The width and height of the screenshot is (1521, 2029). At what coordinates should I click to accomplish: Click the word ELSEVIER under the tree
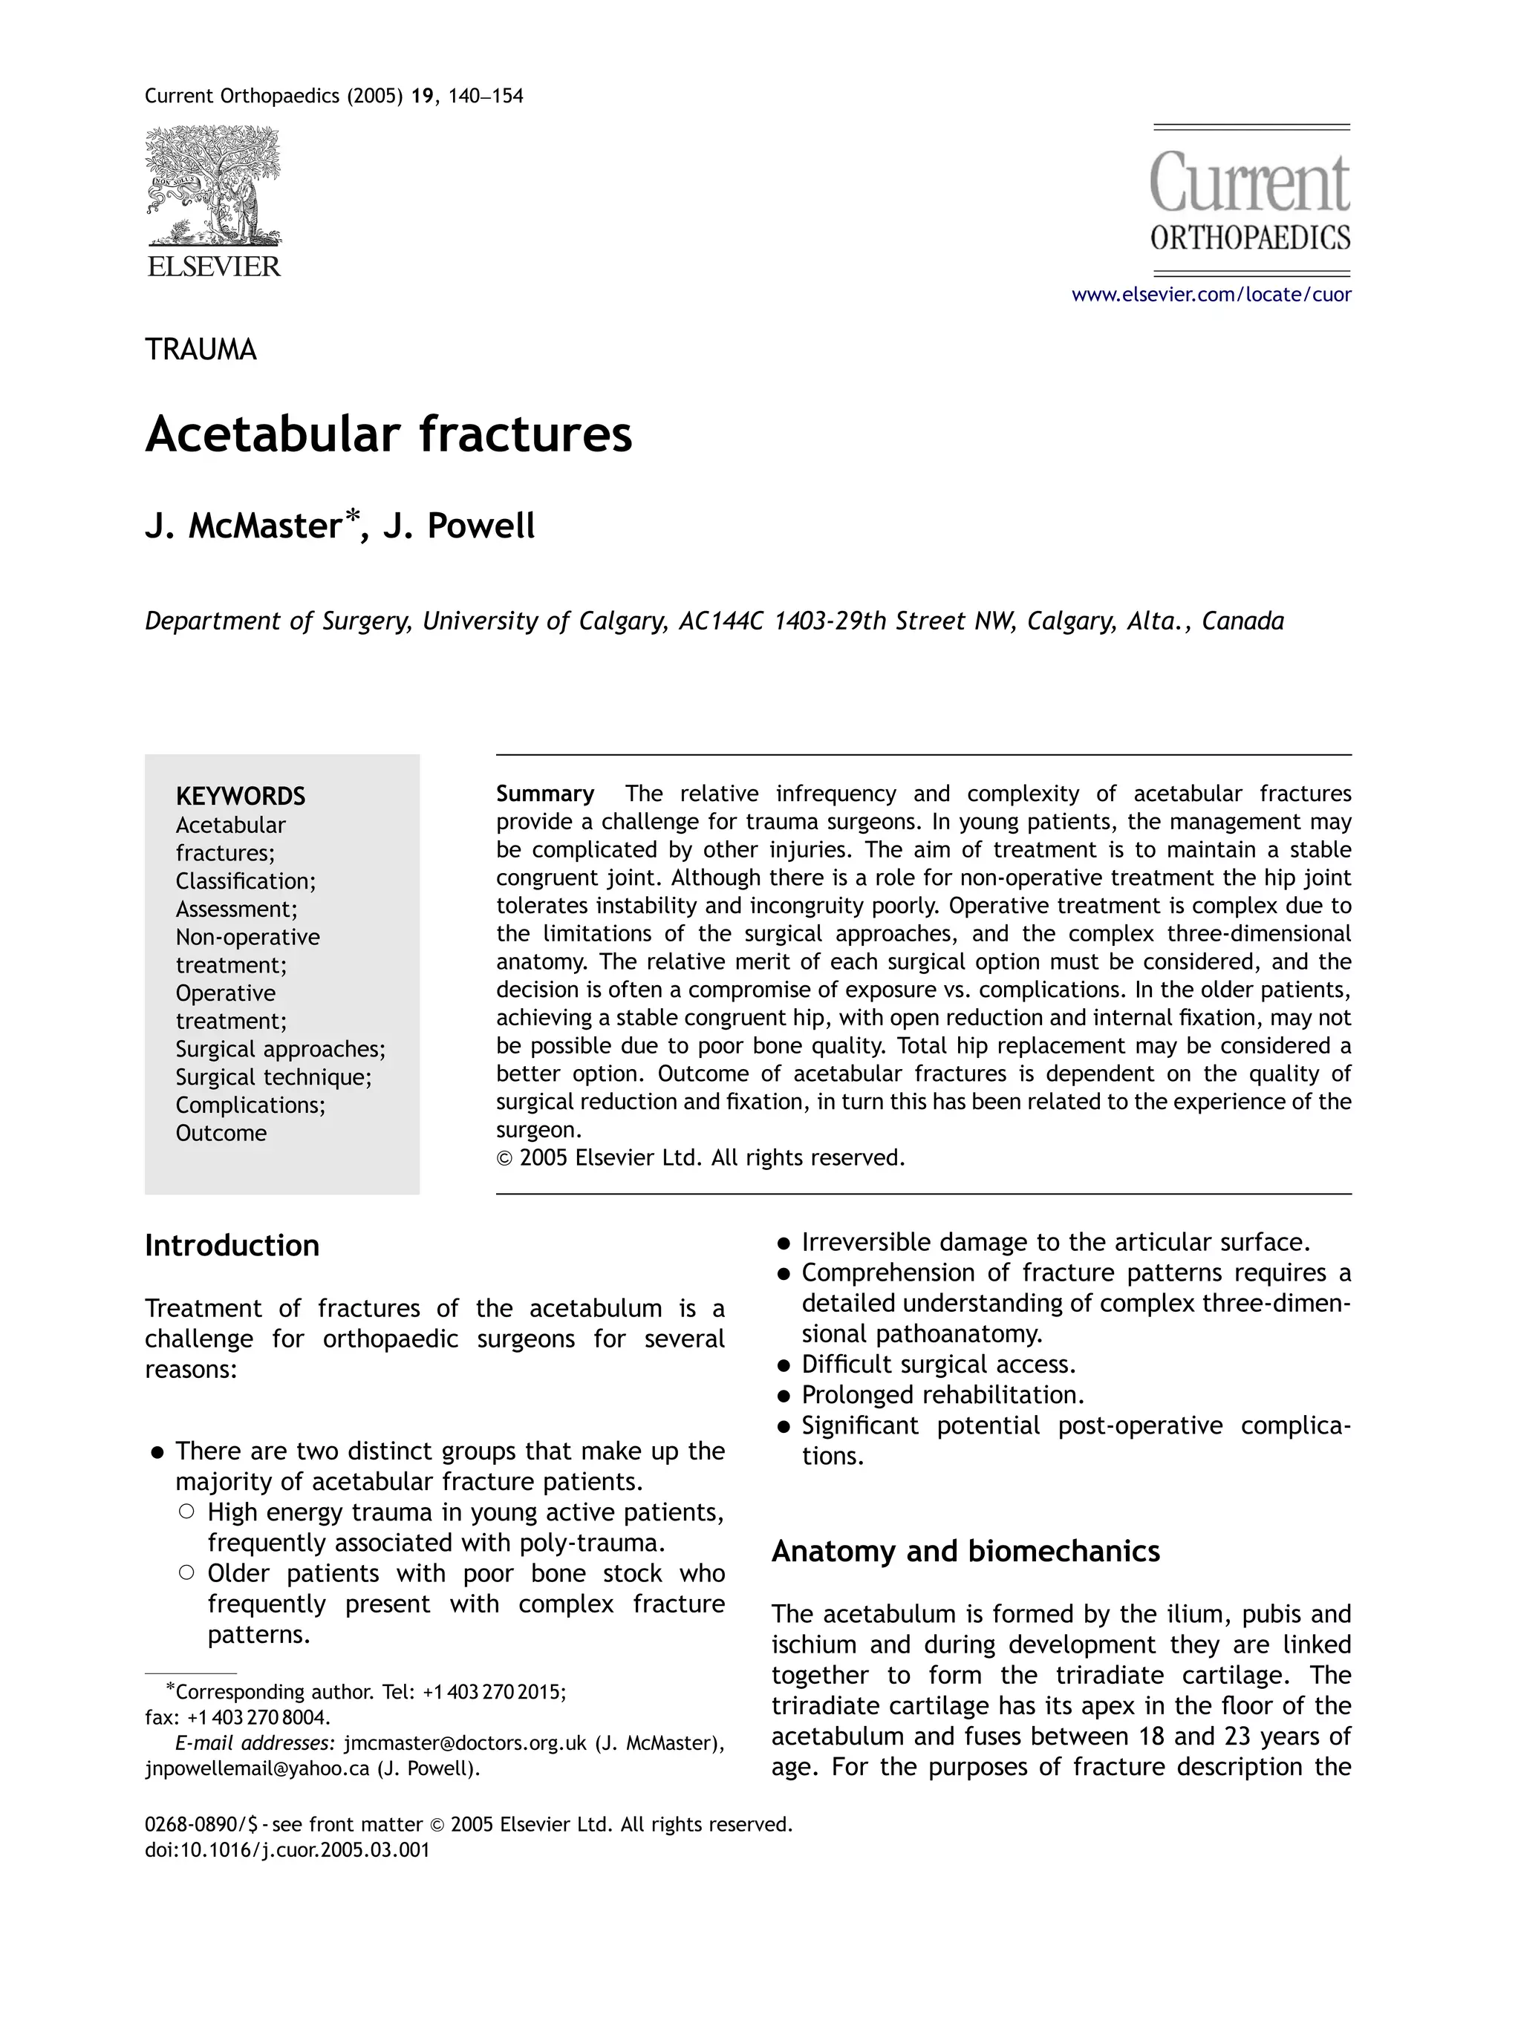214,267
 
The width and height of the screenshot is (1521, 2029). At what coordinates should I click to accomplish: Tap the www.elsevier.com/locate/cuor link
1211,295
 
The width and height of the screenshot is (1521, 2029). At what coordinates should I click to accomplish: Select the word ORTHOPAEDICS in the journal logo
1249,238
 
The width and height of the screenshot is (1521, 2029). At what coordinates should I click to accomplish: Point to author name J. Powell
459,526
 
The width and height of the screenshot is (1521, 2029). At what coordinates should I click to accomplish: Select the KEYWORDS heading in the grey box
241,795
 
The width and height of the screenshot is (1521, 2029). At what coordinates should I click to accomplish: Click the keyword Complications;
250,1105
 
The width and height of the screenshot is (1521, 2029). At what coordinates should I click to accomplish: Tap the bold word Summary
545,794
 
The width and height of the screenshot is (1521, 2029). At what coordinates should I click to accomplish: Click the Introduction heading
232,1246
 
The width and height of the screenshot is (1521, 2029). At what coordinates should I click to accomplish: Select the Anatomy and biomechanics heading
965,1551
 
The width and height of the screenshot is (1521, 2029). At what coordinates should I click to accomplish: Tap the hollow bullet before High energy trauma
186,1511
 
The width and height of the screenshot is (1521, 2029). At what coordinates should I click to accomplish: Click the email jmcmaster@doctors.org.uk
464,1743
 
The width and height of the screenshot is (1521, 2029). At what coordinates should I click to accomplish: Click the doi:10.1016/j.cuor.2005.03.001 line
287,1849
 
